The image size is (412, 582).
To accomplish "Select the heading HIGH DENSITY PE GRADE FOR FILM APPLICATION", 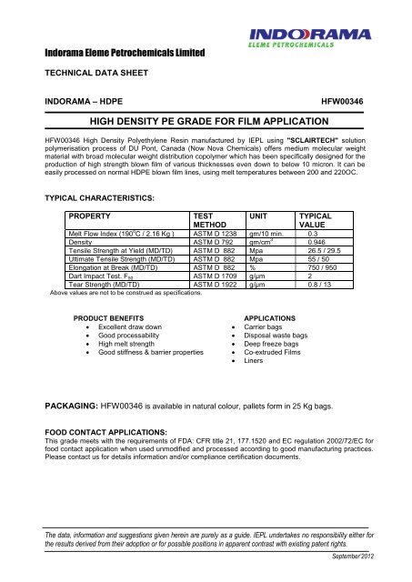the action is tap(205, 122).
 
